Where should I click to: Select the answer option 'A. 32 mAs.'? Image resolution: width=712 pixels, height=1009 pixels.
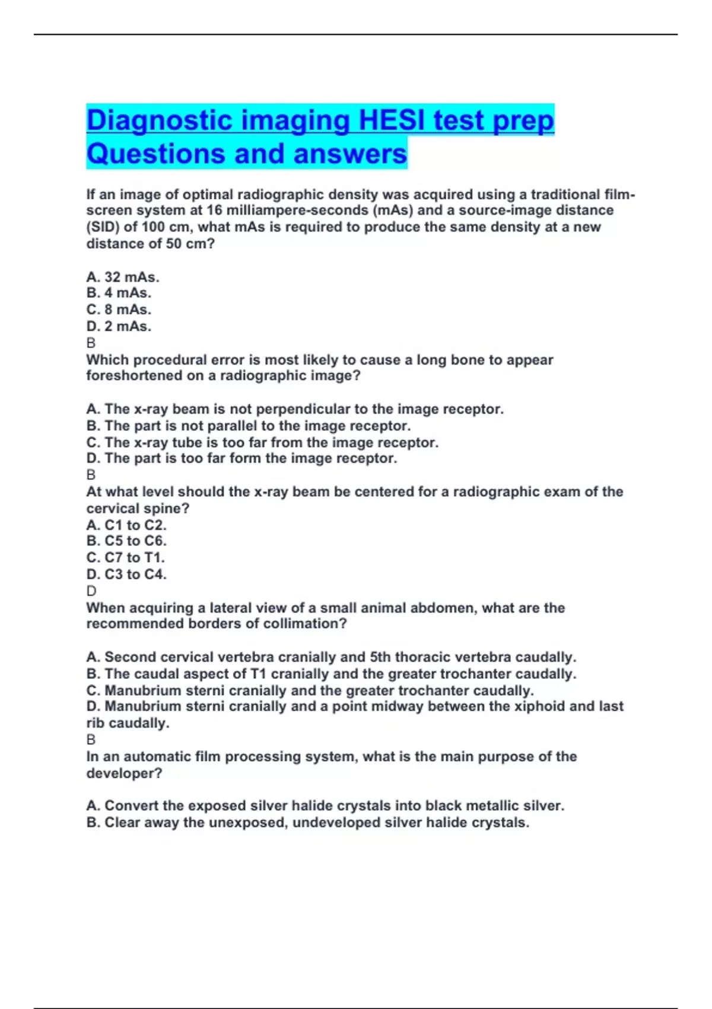click(123, 277)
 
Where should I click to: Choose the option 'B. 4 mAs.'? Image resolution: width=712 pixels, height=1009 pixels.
click(119, 293)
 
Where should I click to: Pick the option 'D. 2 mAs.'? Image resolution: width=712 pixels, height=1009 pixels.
click(119, 326)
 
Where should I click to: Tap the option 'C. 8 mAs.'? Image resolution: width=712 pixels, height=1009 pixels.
click(119, 310)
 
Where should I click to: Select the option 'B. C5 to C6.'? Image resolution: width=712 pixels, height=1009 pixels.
click(126, 541)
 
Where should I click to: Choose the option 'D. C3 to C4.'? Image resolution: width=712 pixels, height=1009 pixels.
click(126, 575)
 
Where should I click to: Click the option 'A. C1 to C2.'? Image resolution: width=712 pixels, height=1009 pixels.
click(126, 525)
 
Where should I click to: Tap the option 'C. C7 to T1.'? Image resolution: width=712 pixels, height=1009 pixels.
click(126, 558)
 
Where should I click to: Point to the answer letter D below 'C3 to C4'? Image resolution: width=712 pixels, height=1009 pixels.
click(91, 591)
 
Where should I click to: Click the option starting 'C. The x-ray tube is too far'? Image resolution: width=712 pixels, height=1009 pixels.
click(262, 443)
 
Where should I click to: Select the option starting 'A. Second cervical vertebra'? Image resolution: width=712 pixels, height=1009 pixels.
click(331, 658)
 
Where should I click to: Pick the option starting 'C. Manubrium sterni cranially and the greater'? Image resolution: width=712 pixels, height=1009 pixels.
click(310, 691)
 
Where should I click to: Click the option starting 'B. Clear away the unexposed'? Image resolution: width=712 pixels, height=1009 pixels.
click(307, 823)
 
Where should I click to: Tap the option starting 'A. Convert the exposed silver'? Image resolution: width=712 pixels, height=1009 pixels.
click(325, 806)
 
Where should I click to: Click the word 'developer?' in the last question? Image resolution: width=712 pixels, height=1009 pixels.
click(124, 773)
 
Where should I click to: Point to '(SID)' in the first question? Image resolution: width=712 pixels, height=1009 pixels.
click(103, 227)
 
